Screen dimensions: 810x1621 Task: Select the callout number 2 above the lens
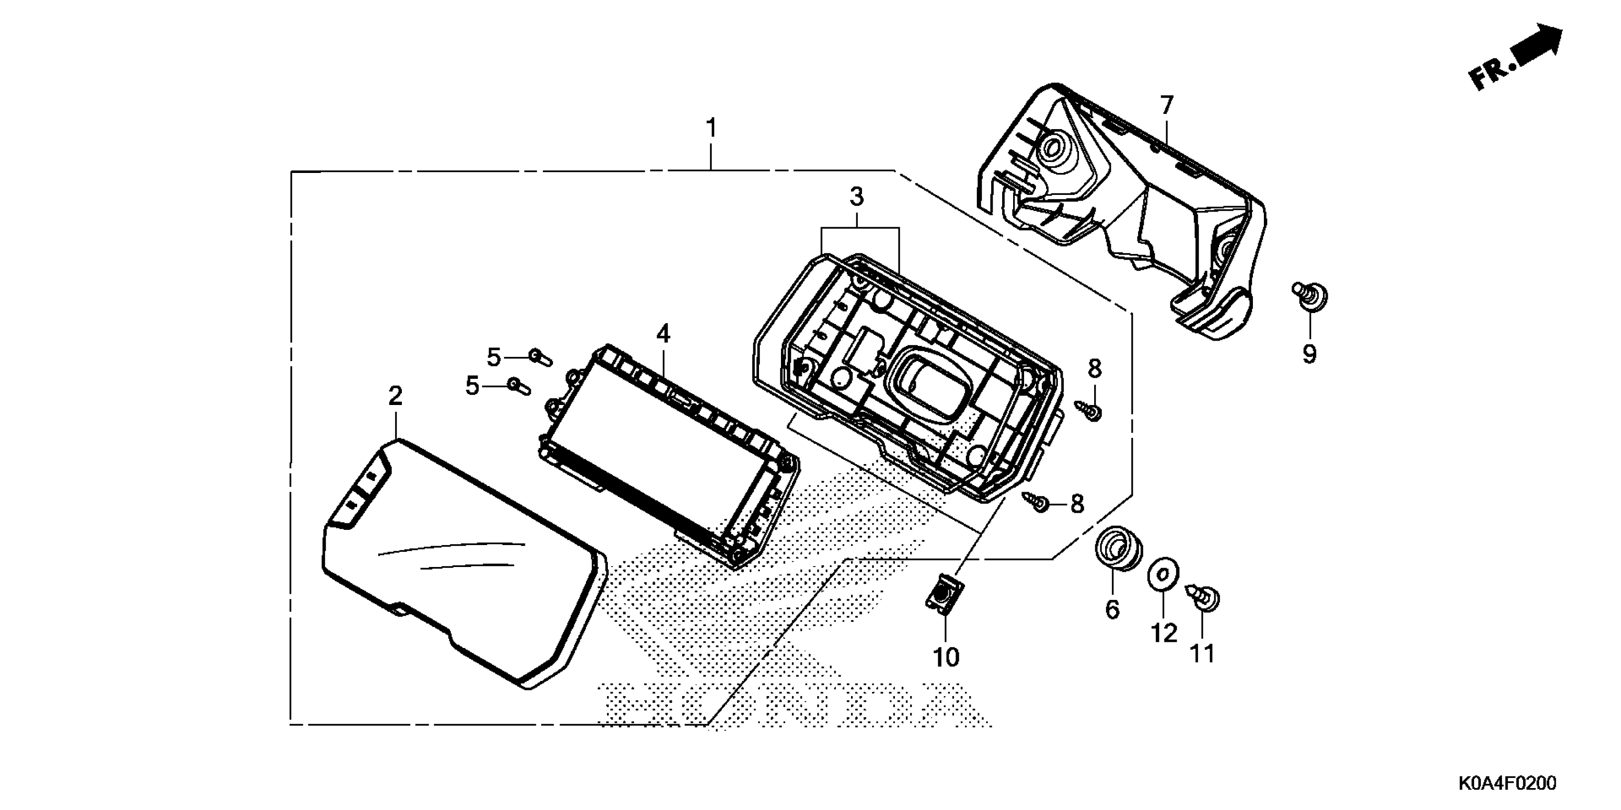[395, 396]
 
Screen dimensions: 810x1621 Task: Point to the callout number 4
[663, 334]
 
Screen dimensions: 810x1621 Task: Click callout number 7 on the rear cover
[1167, 105]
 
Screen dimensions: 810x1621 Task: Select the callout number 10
[946, 658]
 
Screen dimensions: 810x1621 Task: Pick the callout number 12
[1163, 633]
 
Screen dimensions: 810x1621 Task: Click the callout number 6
[1113, 609]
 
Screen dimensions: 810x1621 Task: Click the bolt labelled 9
[1311, 295]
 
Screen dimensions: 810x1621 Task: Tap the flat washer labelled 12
[1163, 574]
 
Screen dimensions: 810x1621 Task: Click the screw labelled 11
[1205, 598]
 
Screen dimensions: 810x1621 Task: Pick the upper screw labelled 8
[1090, 411]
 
